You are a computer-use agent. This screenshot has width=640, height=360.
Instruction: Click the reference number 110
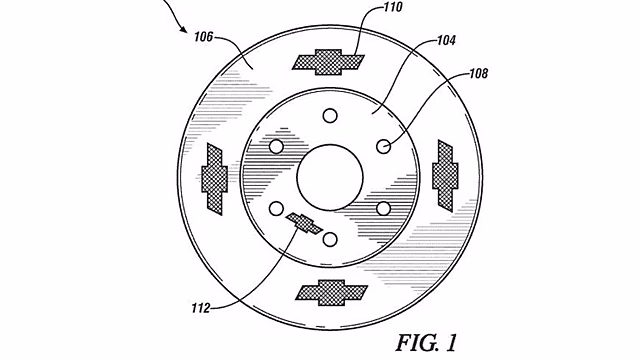pos(393,7)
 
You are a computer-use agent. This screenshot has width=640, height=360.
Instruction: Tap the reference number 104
pos(446,40)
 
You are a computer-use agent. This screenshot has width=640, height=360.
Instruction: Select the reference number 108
pos(478,73)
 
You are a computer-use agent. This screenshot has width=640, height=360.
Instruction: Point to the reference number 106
pos(203,37)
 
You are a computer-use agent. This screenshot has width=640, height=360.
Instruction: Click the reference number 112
pos(201,308)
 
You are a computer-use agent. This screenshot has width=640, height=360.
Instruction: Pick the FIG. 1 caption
pos(426,342)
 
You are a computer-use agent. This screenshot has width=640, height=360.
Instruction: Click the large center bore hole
pos(330,177)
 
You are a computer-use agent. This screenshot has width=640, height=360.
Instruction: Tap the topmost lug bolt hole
pos(330,116)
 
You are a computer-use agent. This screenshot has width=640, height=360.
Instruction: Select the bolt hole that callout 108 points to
pos(383,146)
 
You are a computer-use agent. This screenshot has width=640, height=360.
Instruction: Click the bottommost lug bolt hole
pos(330,239)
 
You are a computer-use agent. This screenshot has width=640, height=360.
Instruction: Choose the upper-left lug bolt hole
pos(276,146)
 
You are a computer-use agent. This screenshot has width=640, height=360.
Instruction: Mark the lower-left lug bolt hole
pos(276,209)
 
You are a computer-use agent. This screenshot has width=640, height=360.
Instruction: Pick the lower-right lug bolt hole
pos(383,209)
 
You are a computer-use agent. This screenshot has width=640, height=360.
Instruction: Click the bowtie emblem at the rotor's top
pos(328,62)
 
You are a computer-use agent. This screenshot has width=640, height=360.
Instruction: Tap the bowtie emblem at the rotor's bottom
pos(331,293)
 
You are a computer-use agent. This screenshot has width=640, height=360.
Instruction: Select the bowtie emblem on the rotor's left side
pos(215,179)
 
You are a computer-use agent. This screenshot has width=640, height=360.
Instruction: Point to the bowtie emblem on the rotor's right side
pos(445,176)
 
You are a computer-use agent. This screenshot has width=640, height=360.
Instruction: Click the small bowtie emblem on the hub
pos(304,223)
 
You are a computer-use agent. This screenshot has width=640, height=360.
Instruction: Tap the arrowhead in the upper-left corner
pos(184,30)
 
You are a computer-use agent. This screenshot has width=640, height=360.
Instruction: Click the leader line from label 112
pos(261,278)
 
